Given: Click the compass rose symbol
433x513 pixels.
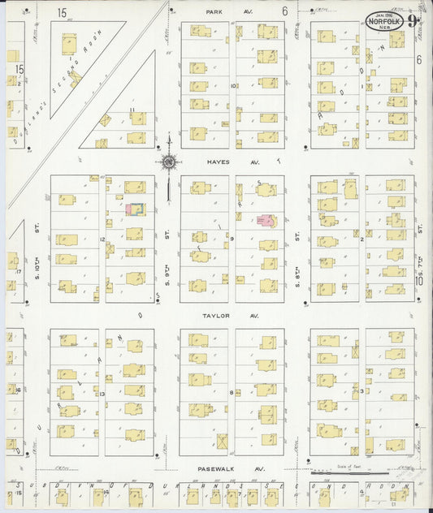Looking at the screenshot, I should coord(168,162).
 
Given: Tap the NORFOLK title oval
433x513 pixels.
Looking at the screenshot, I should coord(385,22).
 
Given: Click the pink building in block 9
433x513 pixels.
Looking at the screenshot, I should coord(264,220).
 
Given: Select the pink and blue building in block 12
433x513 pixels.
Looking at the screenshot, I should coord(134,209).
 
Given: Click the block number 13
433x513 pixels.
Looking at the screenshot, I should coord(102,392).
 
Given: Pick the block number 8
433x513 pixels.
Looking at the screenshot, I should coord(232,392).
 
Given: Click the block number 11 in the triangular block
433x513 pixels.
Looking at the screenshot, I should coord(131,109).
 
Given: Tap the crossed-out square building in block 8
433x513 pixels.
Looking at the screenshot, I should coord(222,442).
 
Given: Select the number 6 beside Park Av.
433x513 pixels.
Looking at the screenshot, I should coord(284,11).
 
